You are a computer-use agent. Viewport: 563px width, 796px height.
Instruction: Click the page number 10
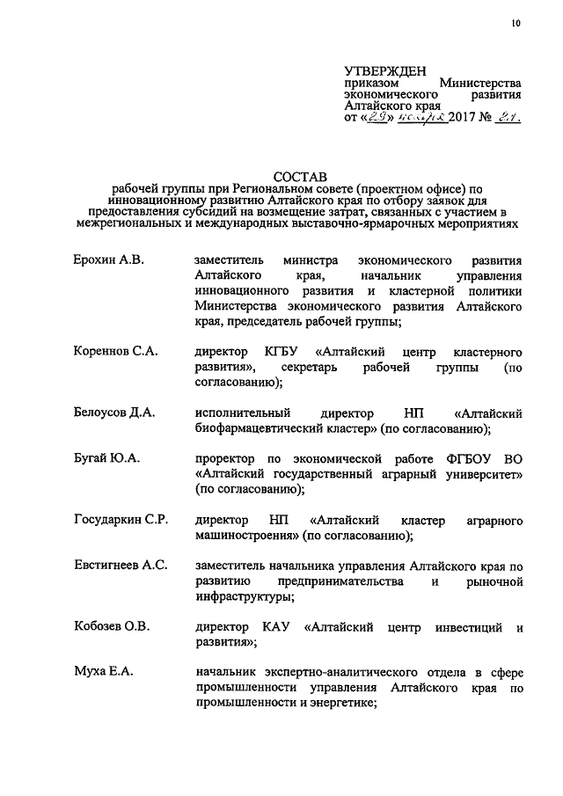pyautogui.click(x=515, y=24)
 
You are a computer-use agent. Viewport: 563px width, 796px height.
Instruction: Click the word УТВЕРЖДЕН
pyautogui.click(x=384, y=70)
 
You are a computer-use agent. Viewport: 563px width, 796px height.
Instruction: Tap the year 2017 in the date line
pyautogui.click(x=464, y=118)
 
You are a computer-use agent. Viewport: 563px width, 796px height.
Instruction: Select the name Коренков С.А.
pyautogui.click(x=115, y=351)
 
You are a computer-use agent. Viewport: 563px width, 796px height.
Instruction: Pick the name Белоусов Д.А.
pyautogui.click(x=114, y=413)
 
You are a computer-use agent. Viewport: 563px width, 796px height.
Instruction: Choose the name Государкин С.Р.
pyautogui.click(x=121, y=520)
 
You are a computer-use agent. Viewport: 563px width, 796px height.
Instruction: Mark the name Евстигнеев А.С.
pyautogui.click(x=121, y=566)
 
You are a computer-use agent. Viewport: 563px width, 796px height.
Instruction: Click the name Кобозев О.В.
pyautogui.click(x=112, y=627)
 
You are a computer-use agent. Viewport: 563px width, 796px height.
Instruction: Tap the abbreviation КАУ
pyautogui.click(x=274, y=627)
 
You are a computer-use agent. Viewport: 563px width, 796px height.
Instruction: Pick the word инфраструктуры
pyautogui.click(x=245, y=597)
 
